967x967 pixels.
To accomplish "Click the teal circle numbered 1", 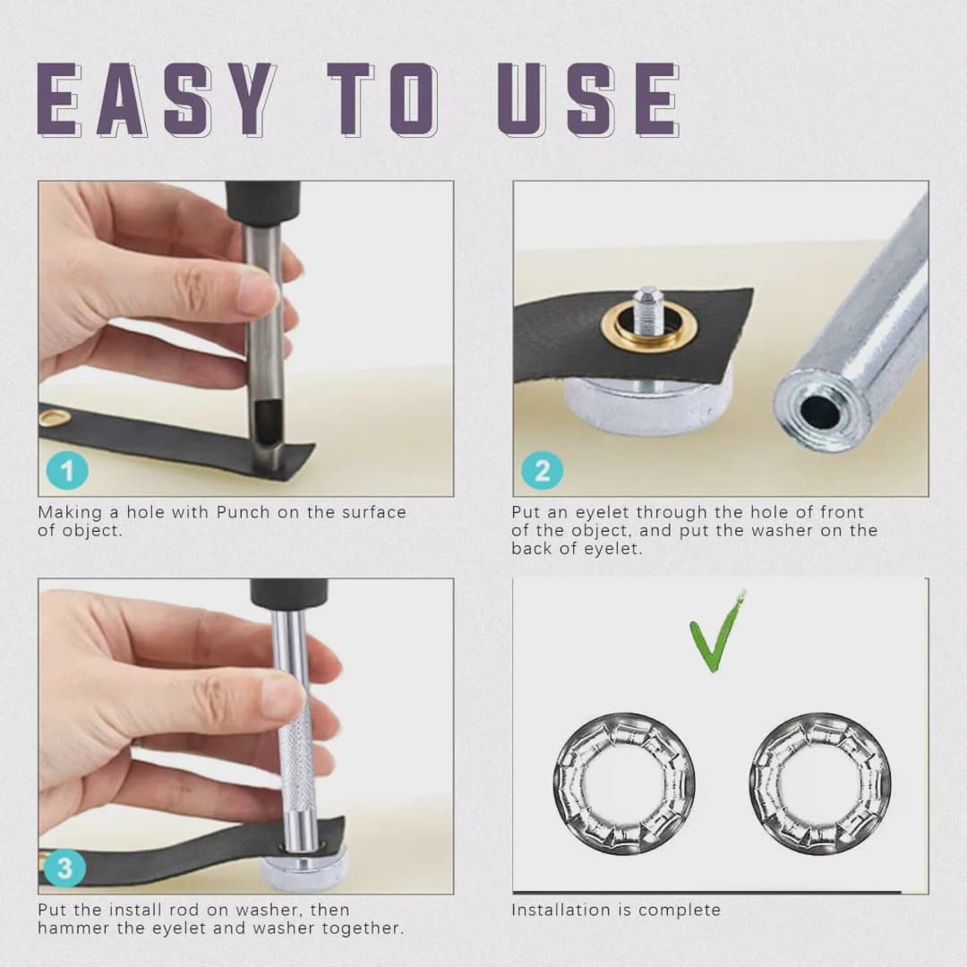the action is pyautogui.click(x=67, y=471).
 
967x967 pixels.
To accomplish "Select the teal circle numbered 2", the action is pyautogui.click(x=542, y=471).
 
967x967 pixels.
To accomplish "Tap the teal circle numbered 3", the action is pyautogui.click(x=64, y=869).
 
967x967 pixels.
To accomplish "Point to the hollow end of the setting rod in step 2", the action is pyautogui.click(x=819, y=409).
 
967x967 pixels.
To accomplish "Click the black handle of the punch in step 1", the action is pyautogui.click(x=262, y=201).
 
